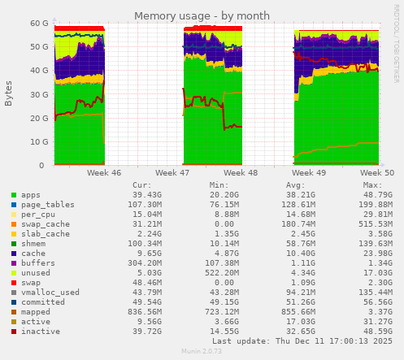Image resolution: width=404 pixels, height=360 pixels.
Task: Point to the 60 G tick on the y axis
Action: pyautogui.click(x=39, y=24)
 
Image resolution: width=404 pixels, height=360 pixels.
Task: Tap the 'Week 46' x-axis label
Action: pyautogui.click(x=104, y=173)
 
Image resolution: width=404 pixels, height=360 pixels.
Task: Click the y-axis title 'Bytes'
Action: pyautogui.click(x=9, y=93)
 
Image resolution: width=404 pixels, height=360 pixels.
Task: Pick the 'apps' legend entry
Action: pyautogui.click(x=31, y=195)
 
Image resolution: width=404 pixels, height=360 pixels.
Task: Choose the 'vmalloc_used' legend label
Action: pyautogui.click(x=50, y=292)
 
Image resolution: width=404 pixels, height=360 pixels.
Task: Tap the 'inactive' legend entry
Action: pyautogui.click(x=41, y=332)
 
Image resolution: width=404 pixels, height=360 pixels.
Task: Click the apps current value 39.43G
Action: pyautogui.click(x=147, y=195)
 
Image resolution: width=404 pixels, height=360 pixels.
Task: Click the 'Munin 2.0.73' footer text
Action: pyautogui.click(x=202, y=352)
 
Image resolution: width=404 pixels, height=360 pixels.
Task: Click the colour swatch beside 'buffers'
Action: pyautogui.click(x=14, y=262)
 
